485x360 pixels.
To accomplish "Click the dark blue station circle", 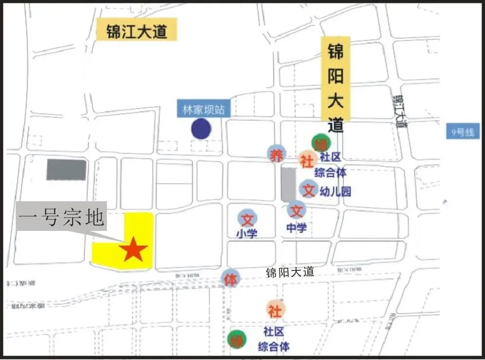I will click(x=201, y=129).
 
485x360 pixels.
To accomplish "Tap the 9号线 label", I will click(x=462, y=132).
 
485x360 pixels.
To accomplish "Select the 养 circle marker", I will click(x=276, y=154).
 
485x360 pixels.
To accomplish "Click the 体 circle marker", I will click(x=231, y=279).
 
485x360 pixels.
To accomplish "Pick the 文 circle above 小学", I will click(x=247, y=219).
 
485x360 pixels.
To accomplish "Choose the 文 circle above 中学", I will click(x=296, y=210).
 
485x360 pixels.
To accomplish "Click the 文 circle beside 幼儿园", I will click(x=308, y=189).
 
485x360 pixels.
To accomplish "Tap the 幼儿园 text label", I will click(x=336, y=191).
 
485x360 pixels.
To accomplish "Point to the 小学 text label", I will click(x=247, y=234).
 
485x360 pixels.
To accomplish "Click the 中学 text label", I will click(x=296, y=227).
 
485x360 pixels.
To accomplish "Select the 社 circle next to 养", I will click(x=306, y=161).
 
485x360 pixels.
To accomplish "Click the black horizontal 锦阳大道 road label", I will click(x=290, y=273).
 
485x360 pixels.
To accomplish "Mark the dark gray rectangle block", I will click(x=66, y=170).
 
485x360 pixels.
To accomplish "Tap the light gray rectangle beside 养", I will click(x=288, y=185).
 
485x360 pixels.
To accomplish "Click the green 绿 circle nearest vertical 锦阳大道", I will click(x=321, y=143).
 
